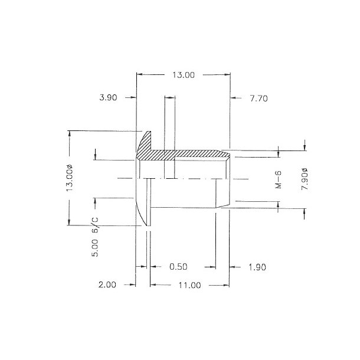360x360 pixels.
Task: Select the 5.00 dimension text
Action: (94, 250)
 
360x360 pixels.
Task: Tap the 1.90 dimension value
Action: (257, 267)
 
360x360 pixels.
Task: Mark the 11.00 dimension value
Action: (189, 285)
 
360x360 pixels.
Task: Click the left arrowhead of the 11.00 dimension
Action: (153, 285)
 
